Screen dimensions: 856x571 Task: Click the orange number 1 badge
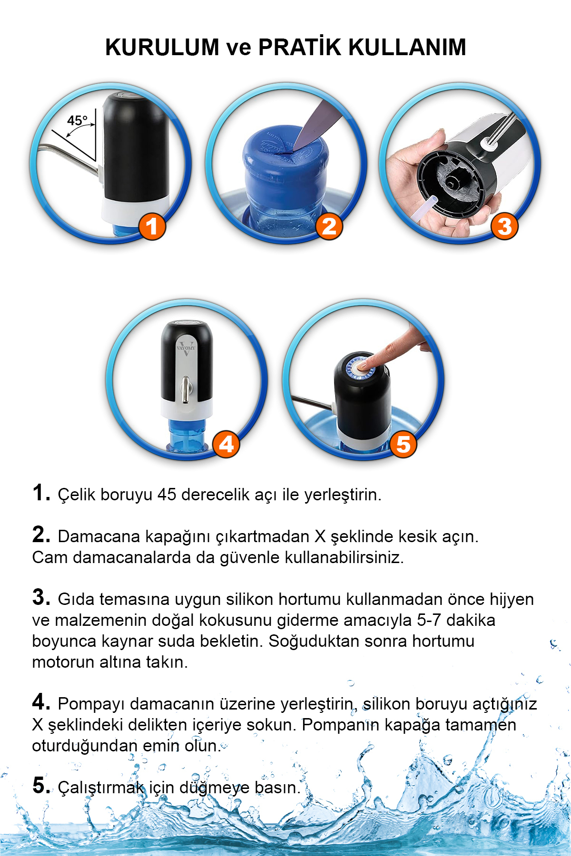152,226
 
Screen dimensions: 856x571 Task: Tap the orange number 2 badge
329,226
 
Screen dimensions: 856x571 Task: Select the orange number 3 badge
504,226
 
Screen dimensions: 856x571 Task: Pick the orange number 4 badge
226,444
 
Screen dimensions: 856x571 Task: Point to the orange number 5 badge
403,444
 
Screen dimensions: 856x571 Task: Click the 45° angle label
77,120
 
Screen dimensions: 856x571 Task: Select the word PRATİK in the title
300,47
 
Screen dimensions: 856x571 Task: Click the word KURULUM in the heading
162,47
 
